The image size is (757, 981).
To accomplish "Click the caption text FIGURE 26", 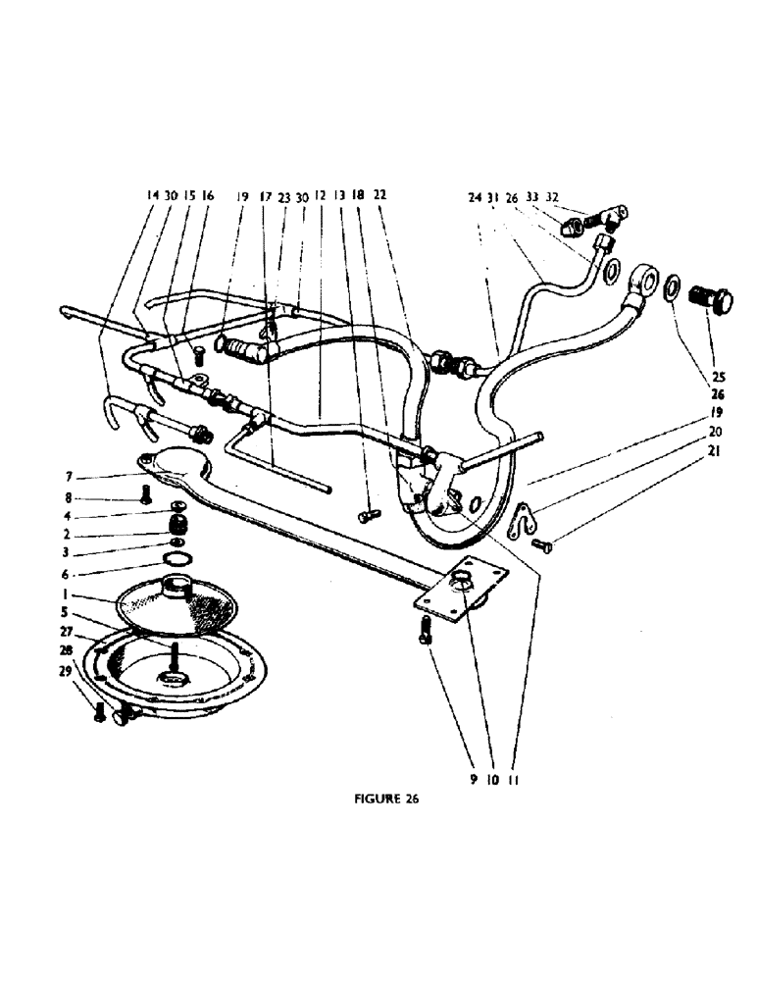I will click(385, 799).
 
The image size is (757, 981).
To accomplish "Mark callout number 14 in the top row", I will click(152, 196).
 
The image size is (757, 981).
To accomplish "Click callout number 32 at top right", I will click(553, 197).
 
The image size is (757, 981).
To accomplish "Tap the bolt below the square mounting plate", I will click(425, 628).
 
